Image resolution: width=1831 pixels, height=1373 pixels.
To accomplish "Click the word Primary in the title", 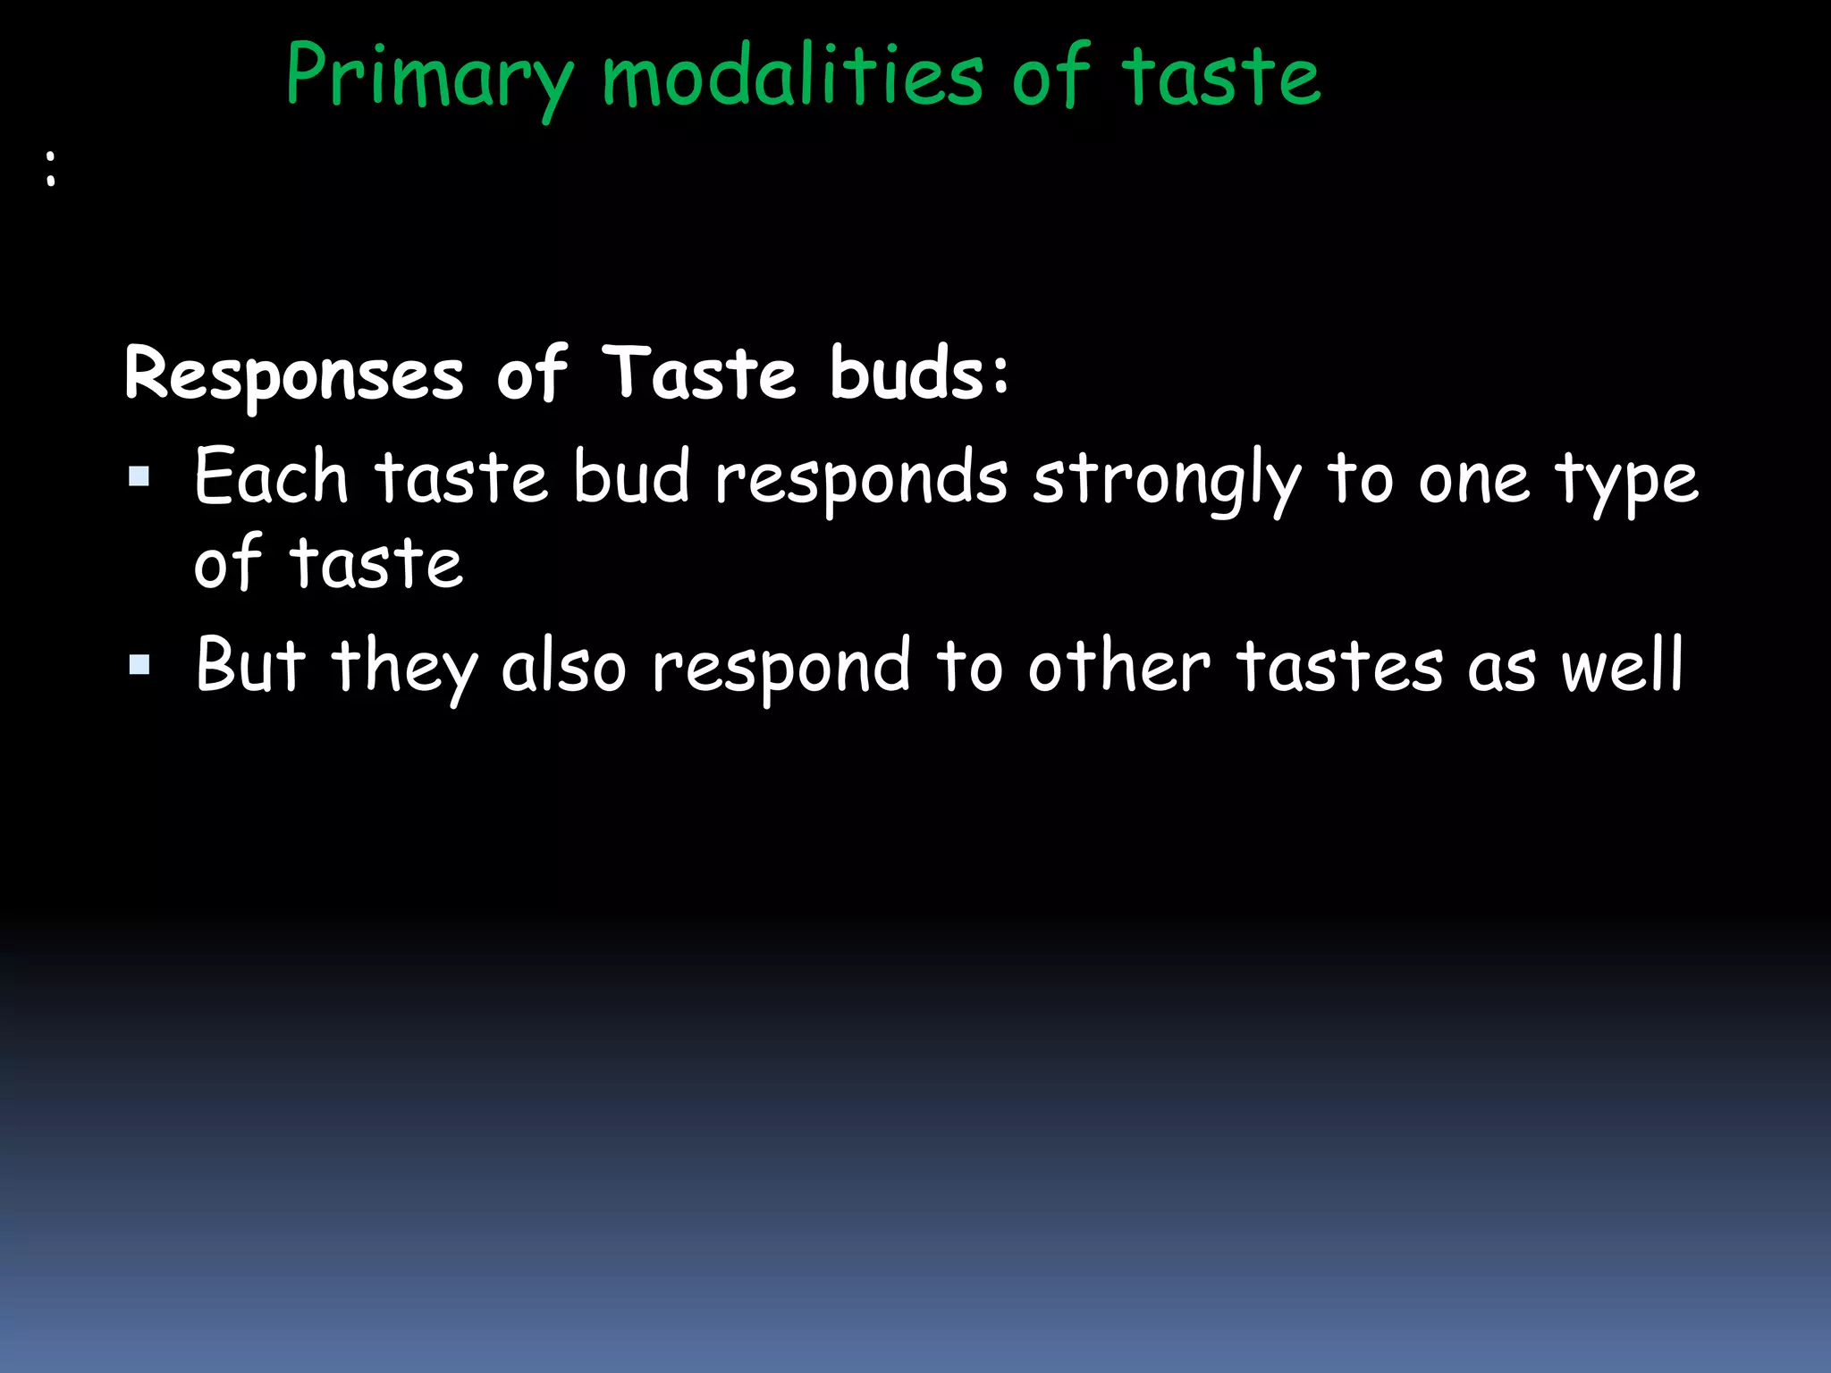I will [x=429, y=79].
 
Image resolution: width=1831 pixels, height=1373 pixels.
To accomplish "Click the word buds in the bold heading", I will [x=918, y=374].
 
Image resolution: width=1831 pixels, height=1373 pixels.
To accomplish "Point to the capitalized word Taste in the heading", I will [x=699, y=374].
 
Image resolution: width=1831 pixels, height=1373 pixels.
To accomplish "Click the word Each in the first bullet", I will [x=271, y=478].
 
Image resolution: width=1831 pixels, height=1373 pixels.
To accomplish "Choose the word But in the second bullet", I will [x=250, y=666].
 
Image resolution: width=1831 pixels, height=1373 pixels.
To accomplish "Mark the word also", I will [x=563, y=666].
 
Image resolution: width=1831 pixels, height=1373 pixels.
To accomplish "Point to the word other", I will [x=1118, y=666].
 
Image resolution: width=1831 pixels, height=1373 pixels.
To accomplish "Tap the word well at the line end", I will [x=1622, y=666].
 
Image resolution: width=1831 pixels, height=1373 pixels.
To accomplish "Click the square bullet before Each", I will [x=139, y=476].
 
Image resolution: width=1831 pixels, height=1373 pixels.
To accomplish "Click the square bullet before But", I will [x=139, y=664].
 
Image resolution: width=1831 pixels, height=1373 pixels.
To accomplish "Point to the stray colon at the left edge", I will [x=51, y=168].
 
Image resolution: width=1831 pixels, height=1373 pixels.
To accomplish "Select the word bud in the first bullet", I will [x=631, y=478].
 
